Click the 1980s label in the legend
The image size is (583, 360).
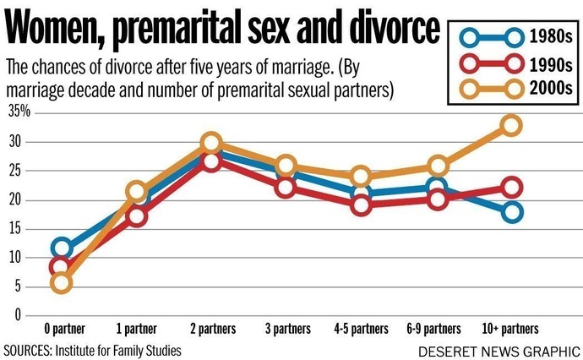coord(551,37)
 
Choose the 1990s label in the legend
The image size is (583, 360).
coord(551,65)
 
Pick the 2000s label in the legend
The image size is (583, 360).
coord(551,89)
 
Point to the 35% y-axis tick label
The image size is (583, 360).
coord(19,111)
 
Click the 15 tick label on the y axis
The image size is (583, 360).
coord(15,229)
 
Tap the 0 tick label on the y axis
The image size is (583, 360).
coord(18,315)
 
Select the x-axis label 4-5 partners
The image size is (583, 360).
coord(361,329)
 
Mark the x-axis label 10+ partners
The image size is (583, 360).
coord(510,329)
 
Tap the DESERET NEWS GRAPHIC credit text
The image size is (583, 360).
coord(499,352)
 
